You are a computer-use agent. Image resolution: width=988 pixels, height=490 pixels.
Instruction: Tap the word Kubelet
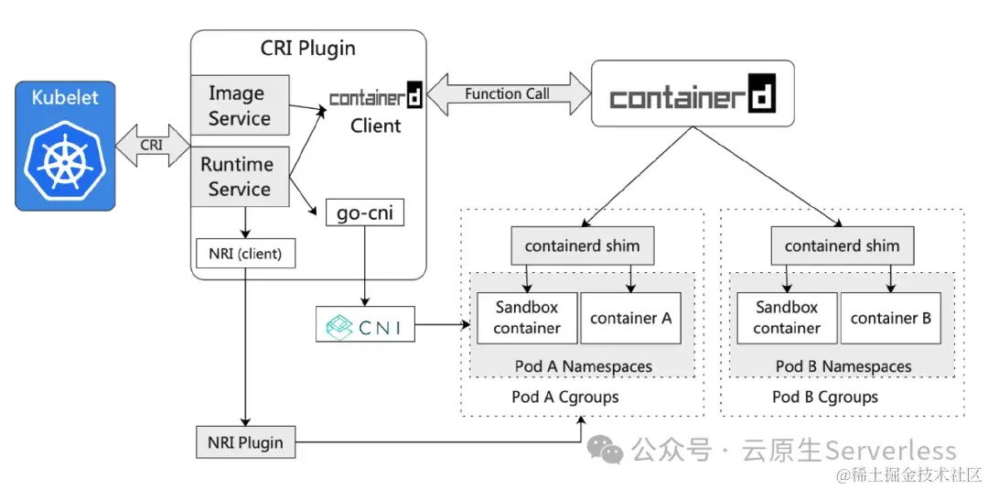click(x=65, y=98)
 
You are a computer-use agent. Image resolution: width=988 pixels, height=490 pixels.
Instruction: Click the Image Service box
click(x=240, y=105)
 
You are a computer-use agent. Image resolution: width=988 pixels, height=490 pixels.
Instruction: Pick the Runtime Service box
click(x=240, y=176)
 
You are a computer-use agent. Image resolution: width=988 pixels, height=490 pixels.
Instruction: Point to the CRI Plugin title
click(x=308, y=48)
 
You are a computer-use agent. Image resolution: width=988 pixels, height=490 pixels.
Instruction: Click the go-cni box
click(x=365, y=213)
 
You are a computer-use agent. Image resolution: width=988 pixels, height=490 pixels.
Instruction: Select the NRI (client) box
click(x=246, y=253)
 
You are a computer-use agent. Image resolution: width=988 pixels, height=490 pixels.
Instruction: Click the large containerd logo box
click(x=692, y=93)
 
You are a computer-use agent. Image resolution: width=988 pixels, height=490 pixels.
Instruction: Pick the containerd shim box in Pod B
click(x=842, y=246)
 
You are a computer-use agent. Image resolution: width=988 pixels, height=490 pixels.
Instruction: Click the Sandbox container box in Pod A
click(x=527, y=318)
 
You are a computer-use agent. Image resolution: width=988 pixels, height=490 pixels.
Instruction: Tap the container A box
click(x=631, y=318)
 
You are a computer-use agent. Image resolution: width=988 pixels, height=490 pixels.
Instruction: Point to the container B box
click(x=890, y=318)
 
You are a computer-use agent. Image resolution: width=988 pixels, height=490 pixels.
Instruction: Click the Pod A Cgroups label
click(x=564, y=397)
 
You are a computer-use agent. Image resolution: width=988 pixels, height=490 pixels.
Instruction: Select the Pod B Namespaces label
click(x=843, y=366)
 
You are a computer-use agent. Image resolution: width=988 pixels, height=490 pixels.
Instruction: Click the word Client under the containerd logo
click(x=375, y=125)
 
